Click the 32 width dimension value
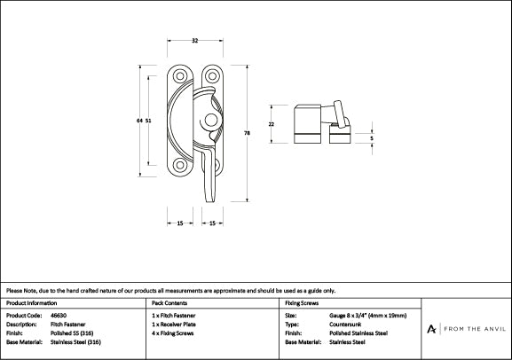click(194, 40)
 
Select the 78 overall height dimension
click(246, 132)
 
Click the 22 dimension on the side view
click(271, 123)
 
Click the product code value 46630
click(59, 316)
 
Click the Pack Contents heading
click(170, 303)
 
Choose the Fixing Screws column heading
click(302, 303)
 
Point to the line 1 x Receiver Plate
click(177, 325)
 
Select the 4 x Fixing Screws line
click(176, 333)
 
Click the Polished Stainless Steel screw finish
click(358, 333)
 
